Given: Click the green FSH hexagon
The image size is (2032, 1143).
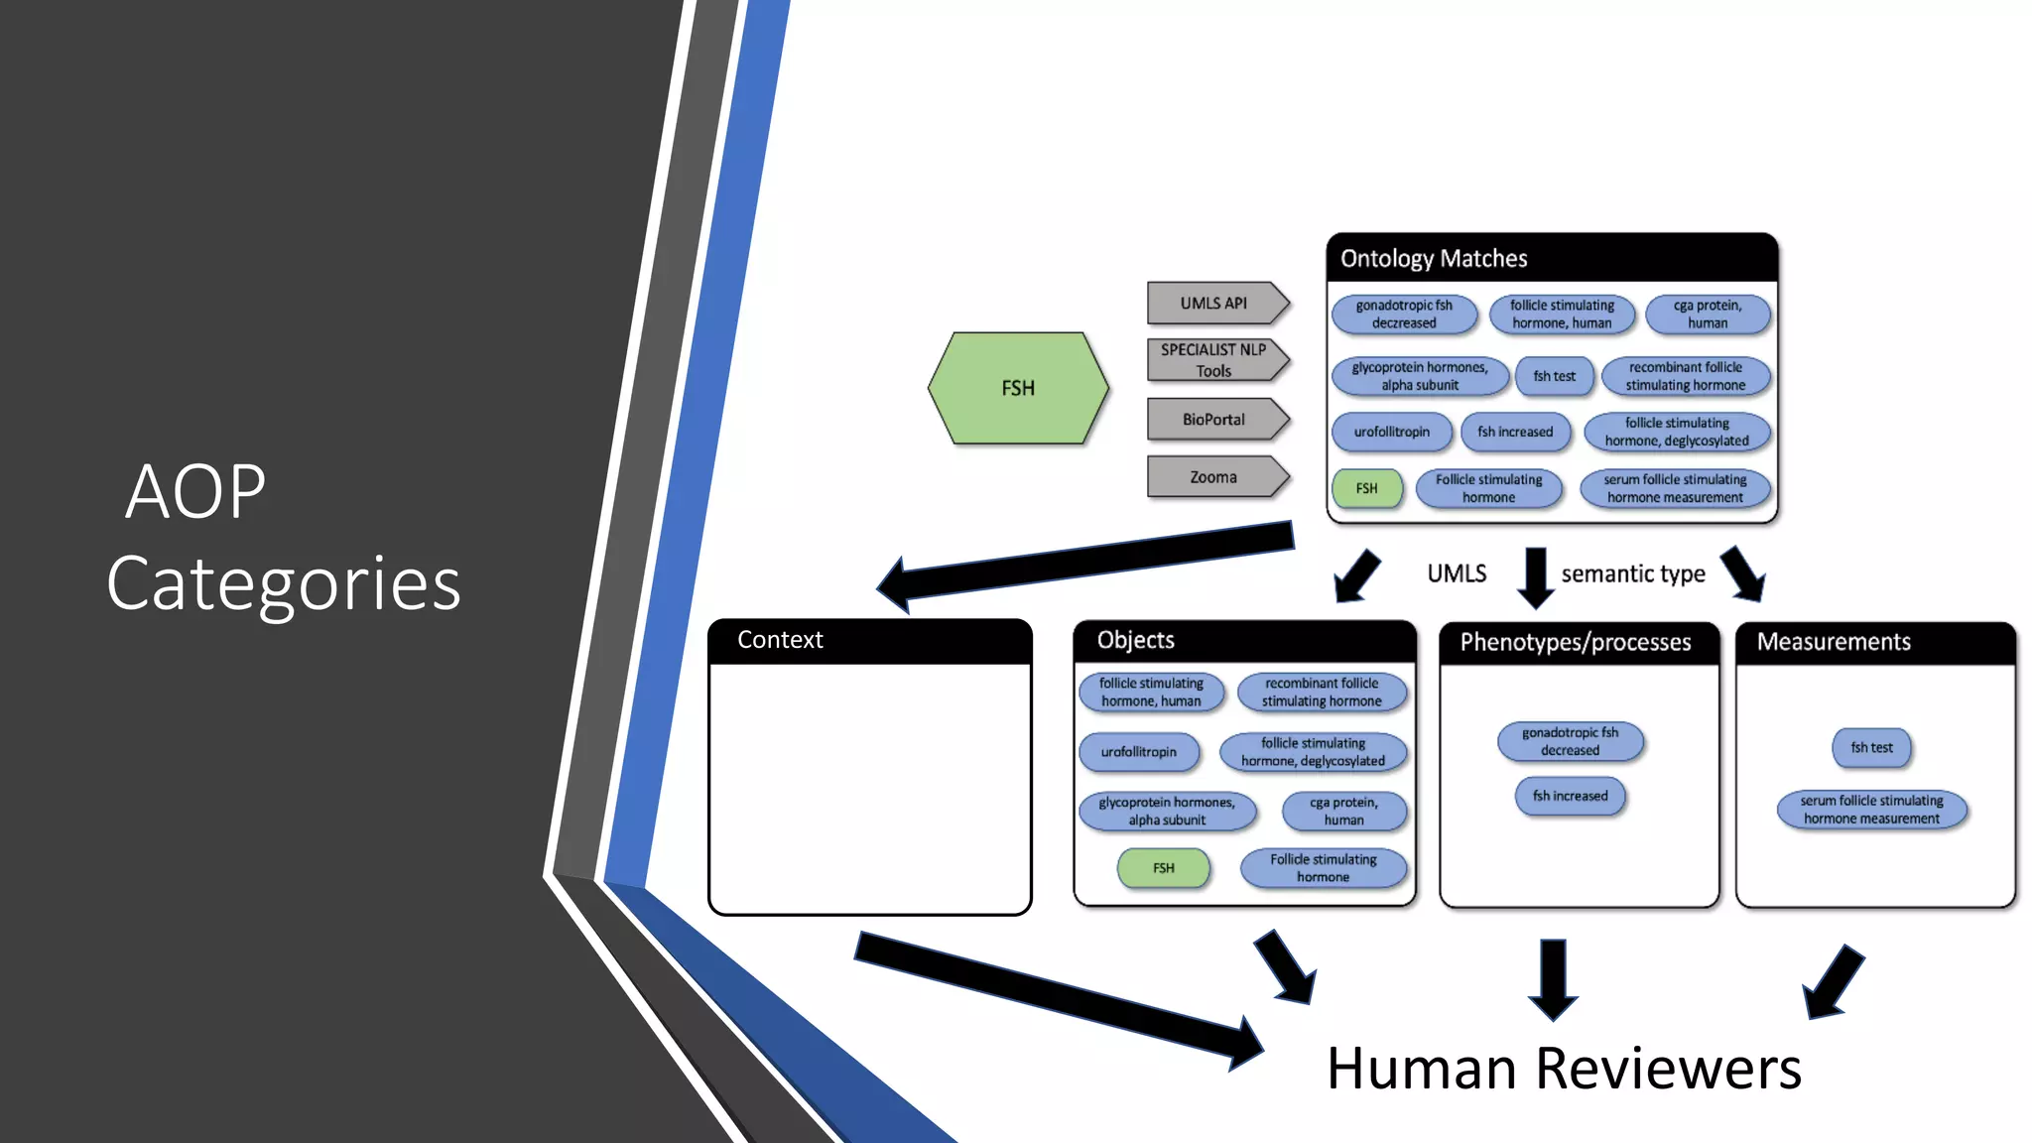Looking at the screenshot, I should [x=1018, y=388].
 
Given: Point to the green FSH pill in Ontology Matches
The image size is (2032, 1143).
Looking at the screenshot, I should [x=1367, y=488].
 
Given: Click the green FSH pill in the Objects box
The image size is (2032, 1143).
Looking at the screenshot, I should [x=1164, y=868].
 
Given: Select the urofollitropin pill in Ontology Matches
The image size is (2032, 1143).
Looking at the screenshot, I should [x=1391, y=433].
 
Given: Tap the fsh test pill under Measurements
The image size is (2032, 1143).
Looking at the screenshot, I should [x=1871, y=748].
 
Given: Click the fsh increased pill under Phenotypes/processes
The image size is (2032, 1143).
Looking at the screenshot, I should [x=1570, y=797].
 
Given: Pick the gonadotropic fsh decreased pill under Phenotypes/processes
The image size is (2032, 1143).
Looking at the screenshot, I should [x=1570, y=742].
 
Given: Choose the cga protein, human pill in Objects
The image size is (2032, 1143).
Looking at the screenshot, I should [x=1343, y=812].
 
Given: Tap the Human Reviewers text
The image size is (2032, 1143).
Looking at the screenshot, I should [x=1564, y=1070].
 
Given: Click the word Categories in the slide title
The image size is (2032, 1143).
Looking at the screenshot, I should [x=284, y=583].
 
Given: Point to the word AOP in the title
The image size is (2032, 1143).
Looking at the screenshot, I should [x=196, y=491].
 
